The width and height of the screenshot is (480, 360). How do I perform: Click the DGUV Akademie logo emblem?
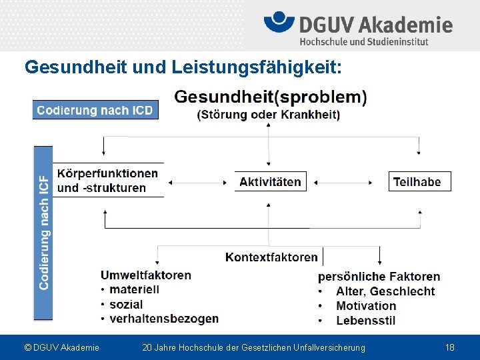click(x=279, y=24)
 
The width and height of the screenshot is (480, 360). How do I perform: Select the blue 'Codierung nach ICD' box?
click(x=95, y=110)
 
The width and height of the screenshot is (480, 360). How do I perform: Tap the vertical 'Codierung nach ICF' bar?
click(x=43, y=232)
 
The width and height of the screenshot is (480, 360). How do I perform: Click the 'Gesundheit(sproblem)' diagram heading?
click(x=270, y=97)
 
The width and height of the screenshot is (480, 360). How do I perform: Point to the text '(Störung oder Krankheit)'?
click(x=269, y=115)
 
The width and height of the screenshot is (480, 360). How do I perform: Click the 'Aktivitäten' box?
click(x=269, y=181)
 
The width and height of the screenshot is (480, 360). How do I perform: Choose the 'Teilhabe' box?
click(x=419, y=181)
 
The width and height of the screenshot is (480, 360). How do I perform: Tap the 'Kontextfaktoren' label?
click(x=271, y=257)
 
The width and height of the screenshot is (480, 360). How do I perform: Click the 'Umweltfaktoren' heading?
click(x=145, y=275)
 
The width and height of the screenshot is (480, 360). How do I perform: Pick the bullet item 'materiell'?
click(x=134, y=290)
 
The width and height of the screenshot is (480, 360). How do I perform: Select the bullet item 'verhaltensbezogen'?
click(x=163, y=319)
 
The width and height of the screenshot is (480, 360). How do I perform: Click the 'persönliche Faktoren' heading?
click(x=379, y=277)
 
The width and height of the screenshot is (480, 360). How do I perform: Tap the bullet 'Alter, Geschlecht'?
click(x=385, y=291)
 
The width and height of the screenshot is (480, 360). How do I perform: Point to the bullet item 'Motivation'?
click(x=366, y=306)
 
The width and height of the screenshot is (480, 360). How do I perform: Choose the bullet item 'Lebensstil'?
click(x=365, y=321)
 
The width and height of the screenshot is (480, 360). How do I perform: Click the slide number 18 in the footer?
click(x=449, y=347)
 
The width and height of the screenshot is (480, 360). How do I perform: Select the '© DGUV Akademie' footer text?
click(x=61, y=347)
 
